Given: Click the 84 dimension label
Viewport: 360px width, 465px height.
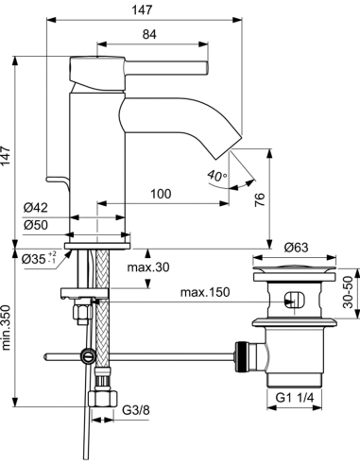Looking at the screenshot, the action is pyautogui.click(x=149, y=34).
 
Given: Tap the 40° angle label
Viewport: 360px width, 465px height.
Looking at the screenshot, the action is pyautogui.click(x=217, y=176).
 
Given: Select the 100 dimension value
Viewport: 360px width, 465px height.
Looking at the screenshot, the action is pyautogui.click(x=161, y=194).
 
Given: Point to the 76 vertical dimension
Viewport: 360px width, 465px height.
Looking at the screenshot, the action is pyautogui.click(x=260, y=199).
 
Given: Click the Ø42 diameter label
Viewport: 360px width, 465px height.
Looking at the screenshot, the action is pyautogui.click(x=36, y=207).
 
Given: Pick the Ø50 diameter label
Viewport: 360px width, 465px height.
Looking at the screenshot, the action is pyautogui.click(x=36, y=225).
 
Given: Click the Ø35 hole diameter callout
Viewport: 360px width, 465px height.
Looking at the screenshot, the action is pyautogui.click(x=39, y=259).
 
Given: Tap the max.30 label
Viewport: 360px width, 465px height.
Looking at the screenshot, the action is pyautogui.click(x=148, y=267).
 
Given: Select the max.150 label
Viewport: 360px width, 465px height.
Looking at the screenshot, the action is pyautogui.click(x=205, y=292).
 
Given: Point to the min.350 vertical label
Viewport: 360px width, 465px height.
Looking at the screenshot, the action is pyautogui.click(x=7, y=328).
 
